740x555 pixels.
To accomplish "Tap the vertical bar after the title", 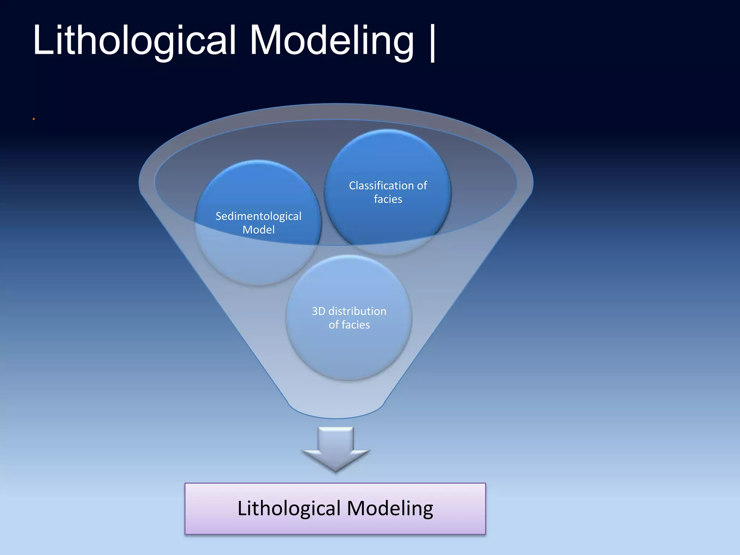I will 433,43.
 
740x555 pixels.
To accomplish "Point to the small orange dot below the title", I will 34,119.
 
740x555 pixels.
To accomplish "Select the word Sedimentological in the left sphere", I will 258,216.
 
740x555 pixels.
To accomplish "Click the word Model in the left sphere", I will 258,230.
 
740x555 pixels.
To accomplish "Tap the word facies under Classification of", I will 388,199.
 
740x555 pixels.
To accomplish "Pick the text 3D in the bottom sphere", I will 318,311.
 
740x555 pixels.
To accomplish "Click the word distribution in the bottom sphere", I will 357,311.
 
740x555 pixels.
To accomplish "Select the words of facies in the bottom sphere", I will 349,325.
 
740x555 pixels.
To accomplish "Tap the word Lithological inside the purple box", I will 289,508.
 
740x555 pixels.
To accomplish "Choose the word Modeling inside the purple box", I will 390,508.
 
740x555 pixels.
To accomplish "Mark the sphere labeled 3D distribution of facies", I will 349,347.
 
